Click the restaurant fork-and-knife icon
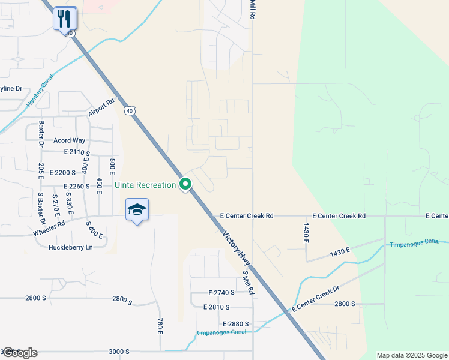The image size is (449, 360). coord(65,18)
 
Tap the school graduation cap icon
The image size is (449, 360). coord(137,210)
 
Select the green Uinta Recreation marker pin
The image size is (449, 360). coord(185,185)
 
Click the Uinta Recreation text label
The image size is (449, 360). coord(145,185)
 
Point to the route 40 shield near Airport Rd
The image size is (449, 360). coord(130,110)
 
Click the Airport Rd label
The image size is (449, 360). coord(101,108)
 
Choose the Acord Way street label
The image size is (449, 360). coord(70,140)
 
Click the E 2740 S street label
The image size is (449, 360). coord(221,293)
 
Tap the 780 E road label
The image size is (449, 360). coord(160,326)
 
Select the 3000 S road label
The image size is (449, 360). coord(119,352)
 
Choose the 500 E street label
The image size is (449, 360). coord(112,166)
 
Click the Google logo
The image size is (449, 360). coord(19,353)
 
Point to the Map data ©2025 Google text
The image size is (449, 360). coord(411,355)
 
